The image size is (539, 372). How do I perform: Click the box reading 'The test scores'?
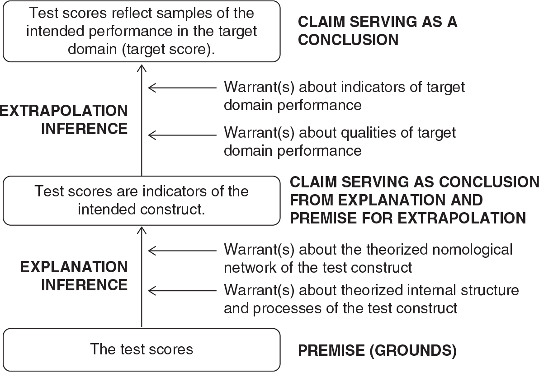coord(142,349)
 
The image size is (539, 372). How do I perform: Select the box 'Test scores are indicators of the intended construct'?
coord(142,200)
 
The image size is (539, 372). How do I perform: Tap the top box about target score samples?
coord(142,31)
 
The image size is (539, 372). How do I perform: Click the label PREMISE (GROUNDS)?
coord(377,350)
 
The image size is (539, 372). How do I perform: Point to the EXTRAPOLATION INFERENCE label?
coord(64,120)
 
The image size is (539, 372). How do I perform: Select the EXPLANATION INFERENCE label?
coord(74,276)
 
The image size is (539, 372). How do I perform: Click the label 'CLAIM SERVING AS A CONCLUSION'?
coord(378,31)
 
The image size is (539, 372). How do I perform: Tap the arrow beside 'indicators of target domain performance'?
coord(182,88)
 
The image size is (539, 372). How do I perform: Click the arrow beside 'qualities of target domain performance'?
coord(182,135)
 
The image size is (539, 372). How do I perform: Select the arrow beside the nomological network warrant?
coord(182,251)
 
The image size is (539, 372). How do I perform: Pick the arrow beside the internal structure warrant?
coord(182,291)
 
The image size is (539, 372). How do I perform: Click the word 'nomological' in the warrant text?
coord(473,250)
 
